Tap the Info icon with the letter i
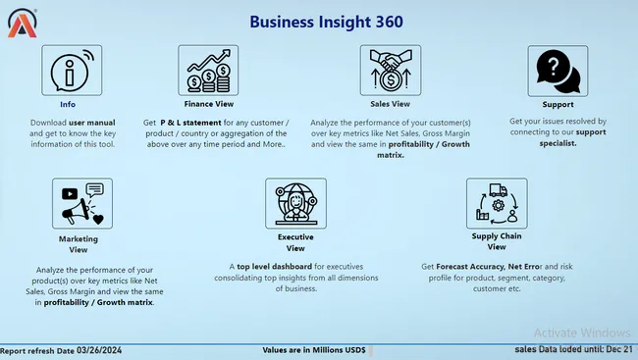click(x=67, y=70)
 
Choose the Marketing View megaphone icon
click(x=82, y=203)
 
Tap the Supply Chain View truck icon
click(x=496, y=203)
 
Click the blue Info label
click(x=67, y=103)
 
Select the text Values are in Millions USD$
click(x=314, y=349)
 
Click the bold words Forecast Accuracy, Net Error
click(x=487, y=266)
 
